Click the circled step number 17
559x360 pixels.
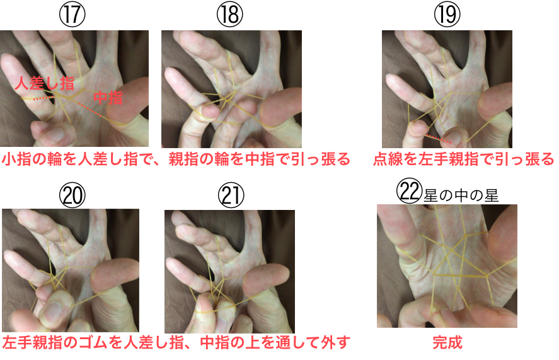click(72, 15)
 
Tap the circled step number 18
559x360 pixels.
click(230, 15)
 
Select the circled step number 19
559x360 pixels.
click(447, 15)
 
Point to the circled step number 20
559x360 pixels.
click(72, 195)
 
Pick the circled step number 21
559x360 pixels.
click(231, 195)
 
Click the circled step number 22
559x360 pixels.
click(409, 191)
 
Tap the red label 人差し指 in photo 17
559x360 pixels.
click(45, 83)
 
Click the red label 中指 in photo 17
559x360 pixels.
click(108, 97)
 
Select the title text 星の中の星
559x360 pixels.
click(461, 195)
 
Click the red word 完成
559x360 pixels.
click(447, 342)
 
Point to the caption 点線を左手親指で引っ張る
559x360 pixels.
click(464, 159)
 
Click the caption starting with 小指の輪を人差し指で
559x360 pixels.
click(176, 159)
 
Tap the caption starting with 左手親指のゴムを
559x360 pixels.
click(176, 342)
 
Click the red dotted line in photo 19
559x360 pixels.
click(439, 139)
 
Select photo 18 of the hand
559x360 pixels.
click(231, 89)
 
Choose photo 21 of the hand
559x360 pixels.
click(229, 272)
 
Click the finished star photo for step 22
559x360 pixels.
click(447, 266)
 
